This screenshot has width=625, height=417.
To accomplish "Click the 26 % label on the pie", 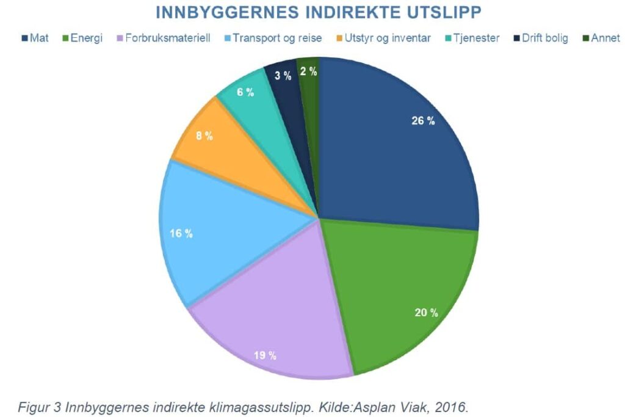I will [423, 121].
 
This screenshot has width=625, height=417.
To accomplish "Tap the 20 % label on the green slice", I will [426, 313].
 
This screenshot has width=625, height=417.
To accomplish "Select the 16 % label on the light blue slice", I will [181, 233].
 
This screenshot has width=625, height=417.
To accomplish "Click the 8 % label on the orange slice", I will [204, 136].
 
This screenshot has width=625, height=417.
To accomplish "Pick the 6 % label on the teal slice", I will [245, 92].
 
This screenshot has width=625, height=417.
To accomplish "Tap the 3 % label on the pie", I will [283, 76].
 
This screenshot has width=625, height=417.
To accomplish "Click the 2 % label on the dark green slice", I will [309, 71].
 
